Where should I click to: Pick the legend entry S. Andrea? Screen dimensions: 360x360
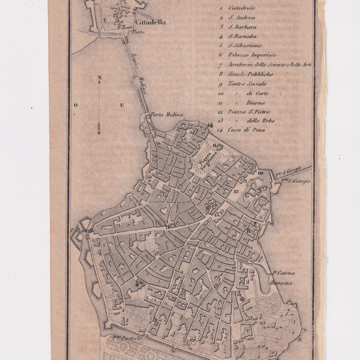point(239,18)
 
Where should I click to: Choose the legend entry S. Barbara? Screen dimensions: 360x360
point(240,27)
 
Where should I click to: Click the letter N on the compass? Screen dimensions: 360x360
point(100,78)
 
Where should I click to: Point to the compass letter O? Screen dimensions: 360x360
point(76,105)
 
